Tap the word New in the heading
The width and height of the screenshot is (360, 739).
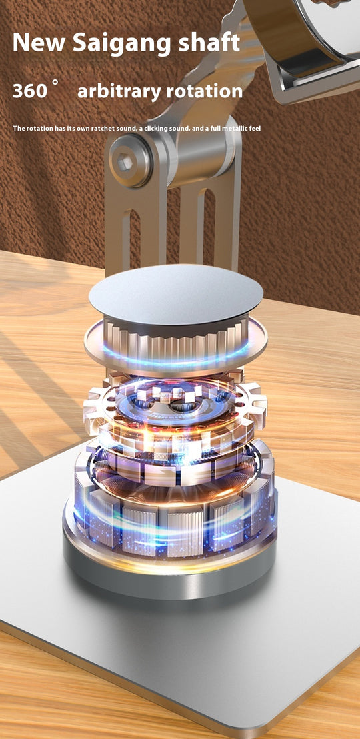coord(39,43)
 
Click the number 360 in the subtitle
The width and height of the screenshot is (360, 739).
coord(30,91)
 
